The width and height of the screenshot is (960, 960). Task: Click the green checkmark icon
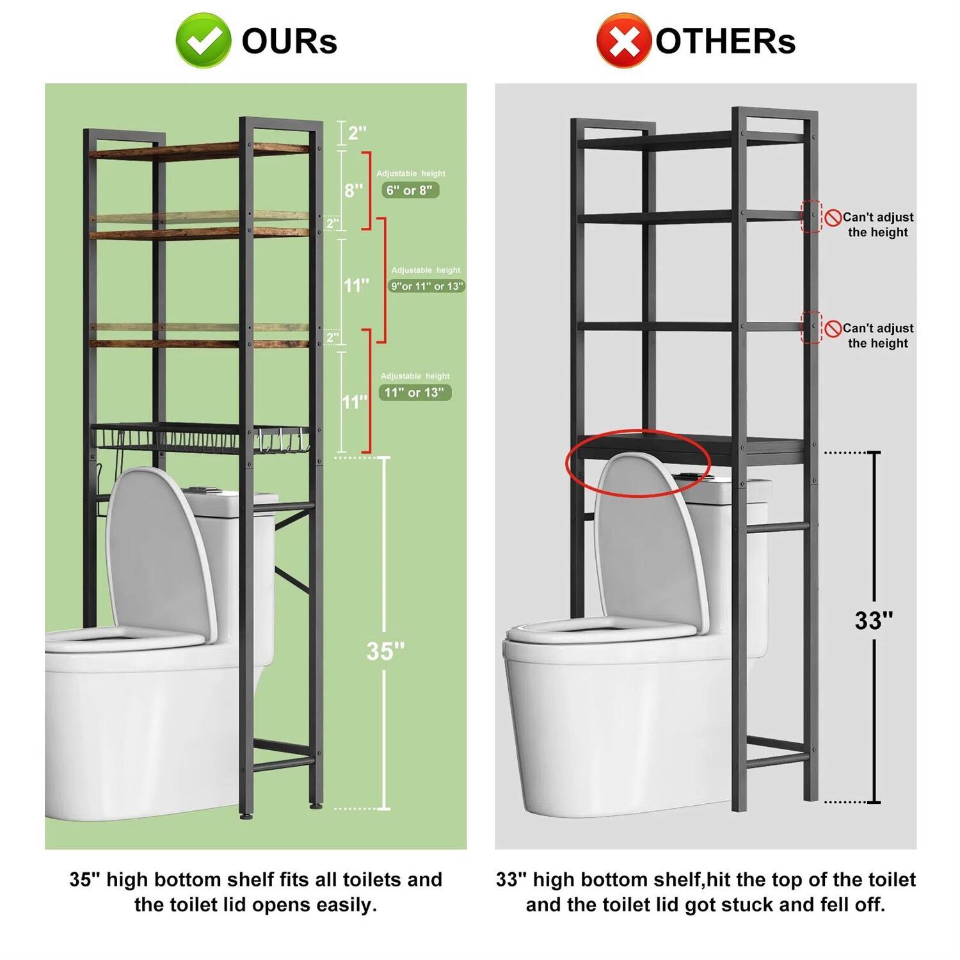[203, 40]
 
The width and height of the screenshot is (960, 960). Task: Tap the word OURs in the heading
[289, 42]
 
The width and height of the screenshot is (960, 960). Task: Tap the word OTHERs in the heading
[725, 42]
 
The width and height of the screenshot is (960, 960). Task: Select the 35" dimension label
[385, 651]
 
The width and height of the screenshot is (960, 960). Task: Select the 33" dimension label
[874, 620]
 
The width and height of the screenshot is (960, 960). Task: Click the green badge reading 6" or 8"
[410, 190]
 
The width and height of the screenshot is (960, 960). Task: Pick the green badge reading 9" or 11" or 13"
[426, 286]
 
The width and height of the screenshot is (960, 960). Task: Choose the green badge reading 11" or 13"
[414, 392]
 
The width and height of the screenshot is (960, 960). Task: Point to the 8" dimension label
[353, 190]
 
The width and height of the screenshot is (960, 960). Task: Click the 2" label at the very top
[356, 133]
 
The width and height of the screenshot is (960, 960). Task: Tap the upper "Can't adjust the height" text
[877, 225]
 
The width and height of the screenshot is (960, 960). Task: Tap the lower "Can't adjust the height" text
[877, 335]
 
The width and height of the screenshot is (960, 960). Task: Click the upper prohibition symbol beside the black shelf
[833, 218]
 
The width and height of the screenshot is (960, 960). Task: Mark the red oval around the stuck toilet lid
[638, 463]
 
